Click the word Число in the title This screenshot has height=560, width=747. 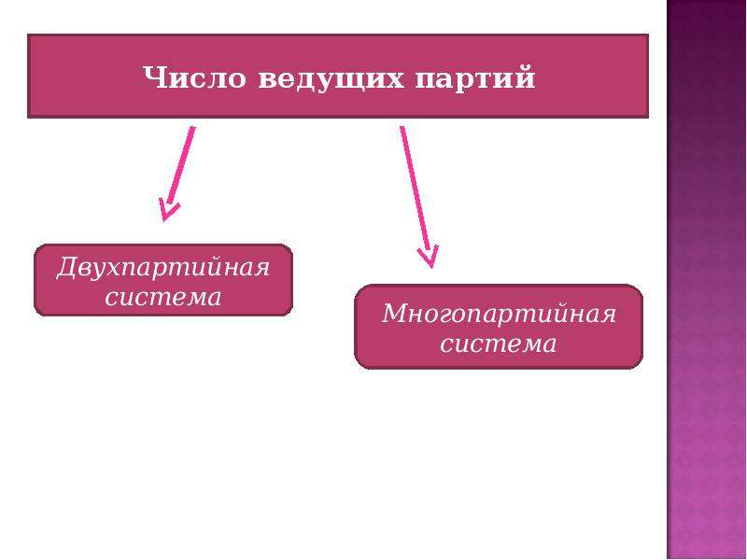(x=194, y=77)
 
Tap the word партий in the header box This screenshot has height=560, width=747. (x=475, y=78)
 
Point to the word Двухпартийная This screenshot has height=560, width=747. (x=162, y=268)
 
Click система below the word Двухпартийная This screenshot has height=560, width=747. (x=162, y=297)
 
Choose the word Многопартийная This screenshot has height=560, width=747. (x=499, y=315)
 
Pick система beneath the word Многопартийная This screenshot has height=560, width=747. (x=499, y=343)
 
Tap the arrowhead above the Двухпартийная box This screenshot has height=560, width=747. (x=168, y=210)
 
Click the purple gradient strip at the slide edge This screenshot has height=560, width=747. (x=707, y=280)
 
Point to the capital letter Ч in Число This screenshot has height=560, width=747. (x=154, y=77)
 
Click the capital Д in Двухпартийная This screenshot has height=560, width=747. (x=68, y=268)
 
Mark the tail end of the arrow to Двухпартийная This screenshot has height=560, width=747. (x=193, y=127)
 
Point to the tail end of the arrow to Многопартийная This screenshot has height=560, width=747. (x=402, y=127)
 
